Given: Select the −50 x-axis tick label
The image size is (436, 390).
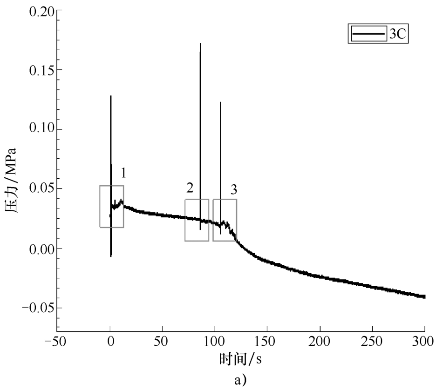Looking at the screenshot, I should point(55,342).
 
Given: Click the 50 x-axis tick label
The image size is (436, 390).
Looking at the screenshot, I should point(162,342).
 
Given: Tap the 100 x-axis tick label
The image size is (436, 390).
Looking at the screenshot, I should point(214,342).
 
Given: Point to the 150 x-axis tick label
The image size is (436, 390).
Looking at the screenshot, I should point(267,342).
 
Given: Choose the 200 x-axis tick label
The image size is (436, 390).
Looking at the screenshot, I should point(320,342).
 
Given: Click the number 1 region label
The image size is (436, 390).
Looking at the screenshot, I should point(123,173).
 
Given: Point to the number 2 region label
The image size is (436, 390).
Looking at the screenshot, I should point(190,188).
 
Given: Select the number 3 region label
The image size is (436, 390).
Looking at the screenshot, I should point(234,189).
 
